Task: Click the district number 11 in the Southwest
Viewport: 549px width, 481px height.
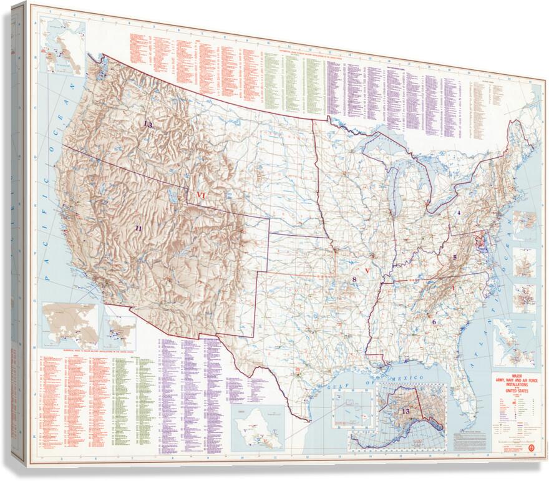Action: (x=138, y=228)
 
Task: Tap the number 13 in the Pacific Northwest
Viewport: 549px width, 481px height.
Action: (x=147, y=124)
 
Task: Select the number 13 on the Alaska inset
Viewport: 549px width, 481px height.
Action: (x=406, y=411)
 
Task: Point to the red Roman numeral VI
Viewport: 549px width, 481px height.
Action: (x=201, y=195)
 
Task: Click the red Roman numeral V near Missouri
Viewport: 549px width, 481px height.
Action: (x=368, y=271)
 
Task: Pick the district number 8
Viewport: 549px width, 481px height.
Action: (x=354, y=279)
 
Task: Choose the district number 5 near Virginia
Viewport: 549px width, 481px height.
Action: (x=455, y=257)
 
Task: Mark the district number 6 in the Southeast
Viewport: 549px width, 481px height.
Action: (x=434, y=322)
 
